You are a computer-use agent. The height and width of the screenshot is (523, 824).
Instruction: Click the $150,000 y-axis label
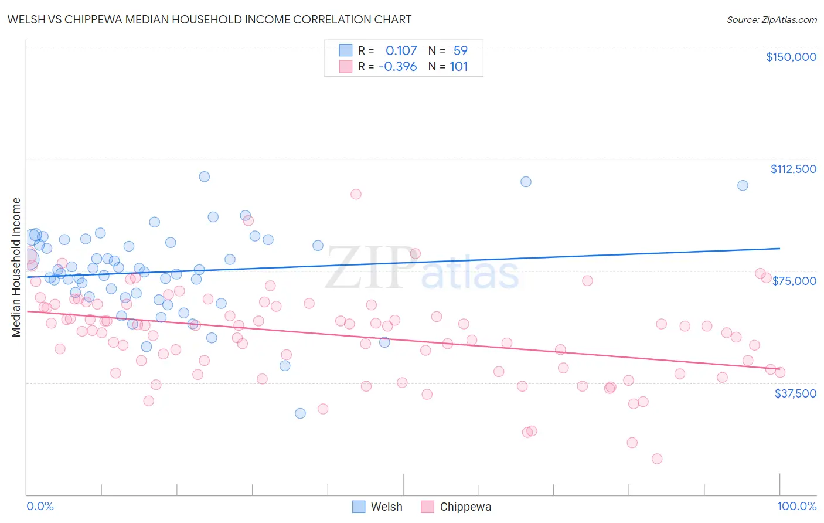click(791, 57)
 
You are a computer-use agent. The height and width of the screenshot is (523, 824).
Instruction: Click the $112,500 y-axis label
click(793, 169)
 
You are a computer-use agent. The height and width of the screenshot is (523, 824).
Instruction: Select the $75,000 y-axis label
click(794, 281)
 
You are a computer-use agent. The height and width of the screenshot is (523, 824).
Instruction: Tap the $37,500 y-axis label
click(795, 393)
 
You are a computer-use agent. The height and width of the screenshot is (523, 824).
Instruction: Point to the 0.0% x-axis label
click(40, 507)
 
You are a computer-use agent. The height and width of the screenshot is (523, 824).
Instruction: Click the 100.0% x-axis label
click(796, 507)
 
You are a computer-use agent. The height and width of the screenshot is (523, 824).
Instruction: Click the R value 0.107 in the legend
click(401, 50)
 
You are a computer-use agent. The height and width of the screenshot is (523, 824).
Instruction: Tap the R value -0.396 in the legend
click(397, 67)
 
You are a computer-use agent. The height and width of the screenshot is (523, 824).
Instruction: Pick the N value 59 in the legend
click(460, 50)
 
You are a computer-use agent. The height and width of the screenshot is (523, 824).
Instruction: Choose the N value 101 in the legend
click(458, 67)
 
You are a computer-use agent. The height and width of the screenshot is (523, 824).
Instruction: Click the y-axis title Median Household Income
click(16, 267)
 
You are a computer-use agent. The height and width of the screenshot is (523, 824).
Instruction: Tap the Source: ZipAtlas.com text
click(771, 20)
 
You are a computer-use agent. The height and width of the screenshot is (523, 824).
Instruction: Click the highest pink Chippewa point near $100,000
click(356, 194)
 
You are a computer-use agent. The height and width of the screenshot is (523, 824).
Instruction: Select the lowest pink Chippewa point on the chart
click(657, 459)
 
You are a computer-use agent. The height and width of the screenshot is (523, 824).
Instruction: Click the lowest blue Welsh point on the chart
click(300, 413)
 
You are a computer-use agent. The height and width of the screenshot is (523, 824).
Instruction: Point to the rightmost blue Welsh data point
click(743, 185)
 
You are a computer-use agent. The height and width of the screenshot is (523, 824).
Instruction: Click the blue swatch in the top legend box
click(345, 50)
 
